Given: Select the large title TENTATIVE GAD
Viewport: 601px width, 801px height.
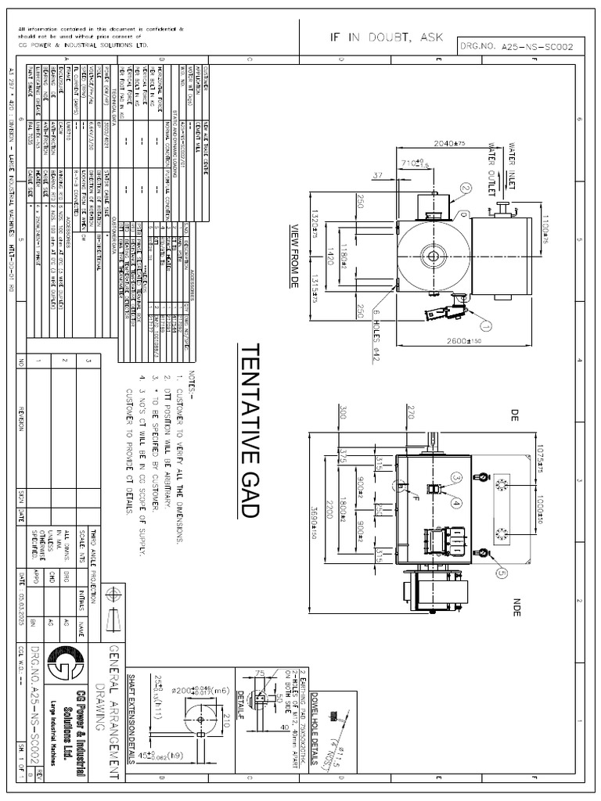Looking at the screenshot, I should (x=249, y=430).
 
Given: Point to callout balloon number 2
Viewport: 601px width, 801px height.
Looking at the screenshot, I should (x=466, y=189).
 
